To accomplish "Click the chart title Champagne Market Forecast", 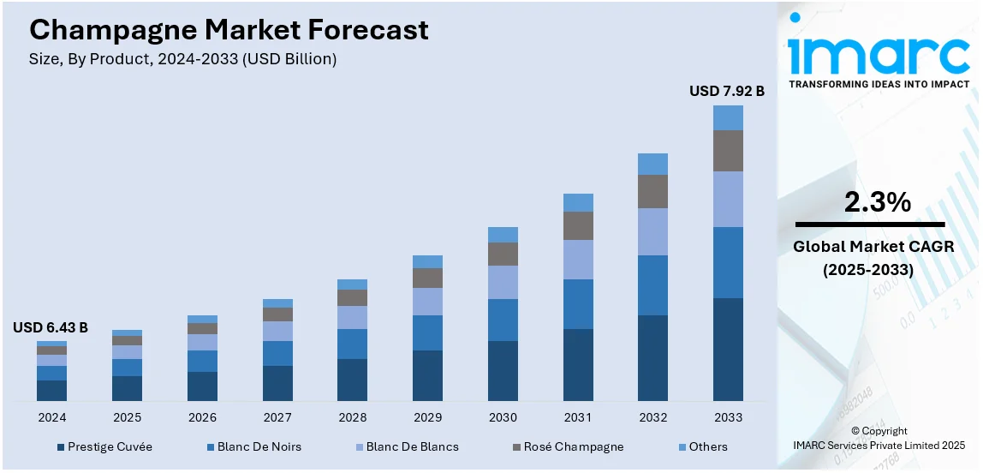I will [x=229, y=31].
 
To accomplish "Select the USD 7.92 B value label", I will [x=727, y=91].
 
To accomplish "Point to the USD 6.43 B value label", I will [x=51, y=327].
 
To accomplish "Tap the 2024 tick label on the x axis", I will [x=51, y=417].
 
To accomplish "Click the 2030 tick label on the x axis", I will [x=503, y=417].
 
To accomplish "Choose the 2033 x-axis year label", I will [x=728, y=417].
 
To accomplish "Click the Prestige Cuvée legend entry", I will [x=104, y=446].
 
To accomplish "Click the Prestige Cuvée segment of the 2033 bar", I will [x=728, y=349].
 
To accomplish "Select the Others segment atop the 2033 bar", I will [x=728, y=117].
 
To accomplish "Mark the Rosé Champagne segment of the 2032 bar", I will [x=652, y=191].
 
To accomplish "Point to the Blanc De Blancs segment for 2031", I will [x=578, y=260].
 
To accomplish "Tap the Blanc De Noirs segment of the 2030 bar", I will [x=503, y=320].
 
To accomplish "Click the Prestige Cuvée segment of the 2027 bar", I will [x=277, y=383].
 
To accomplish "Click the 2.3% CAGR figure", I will [x=877, y=202].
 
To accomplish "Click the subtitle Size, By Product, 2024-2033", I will [x=183, y=59].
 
